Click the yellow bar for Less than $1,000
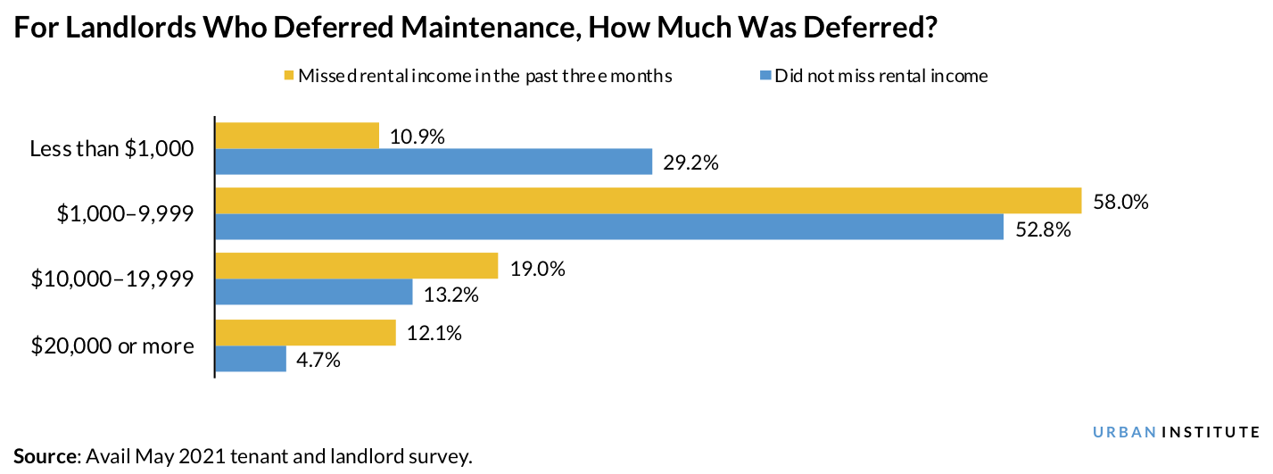pyautogui.click(x=297, y=136)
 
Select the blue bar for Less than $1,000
pyautogui.click(x=434, y=162)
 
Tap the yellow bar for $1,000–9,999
pyautogui.click(x=648, y=201)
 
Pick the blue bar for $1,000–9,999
pyautogui.click(x=609, y=227)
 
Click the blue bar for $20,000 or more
pyautogui.click(x=251, y=359)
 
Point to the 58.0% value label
pyautogui.click(x=1121, y=203)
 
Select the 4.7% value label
pyautogui.click(x=319, y=361)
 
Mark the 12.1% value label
pyautogui.click(x=434, y=334)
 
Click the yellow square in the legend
pyautogui.click(x=288, y=77)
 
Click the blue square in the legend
pyautogui.click(x=765, y=77)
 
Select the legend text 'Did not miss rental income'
pyautogui.click(x=881, y=77)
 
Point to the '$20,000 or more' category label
pyautogui.click(x=112, y=345)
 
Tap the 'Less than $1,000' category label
pyautogui.click(x=112, y=148)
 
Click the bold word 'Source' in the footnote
pyautogui.click(x=45, y=457)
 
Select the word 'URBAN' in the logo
pyautogui.click(x=1124, y=432)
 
